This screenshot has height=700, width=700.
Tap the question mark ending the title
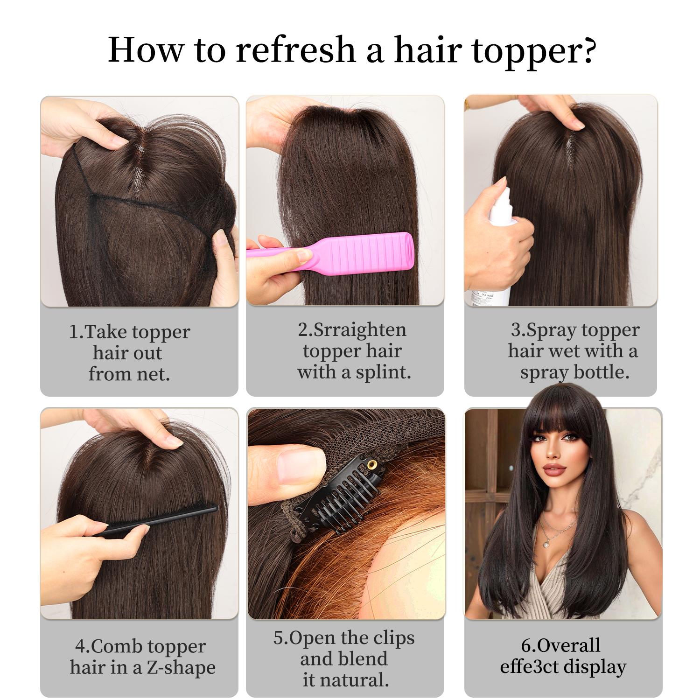pos(589,49)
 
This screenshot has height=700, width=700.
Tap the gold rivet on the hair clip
pos(372,465)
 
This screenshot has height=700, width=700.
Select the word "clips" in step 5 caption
pos(392,638)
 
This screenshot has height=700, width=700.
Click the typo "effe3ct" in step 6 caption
pos(529,667)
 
